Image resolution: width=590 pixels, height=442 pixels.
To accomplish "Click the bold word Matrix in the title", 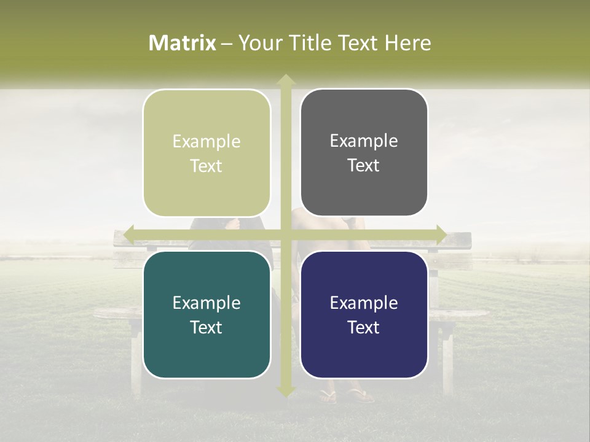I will (x=183, y=43).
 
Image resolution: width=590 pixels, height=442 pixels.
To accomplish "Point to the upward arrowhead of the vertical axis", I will (x=285, y=79).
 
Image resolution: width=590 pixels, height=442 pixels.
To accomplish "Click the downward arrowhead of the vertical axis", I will (x=285, y=391).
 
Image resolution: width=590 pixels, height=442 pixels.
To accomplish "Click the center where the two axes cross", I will (x=285, y=235).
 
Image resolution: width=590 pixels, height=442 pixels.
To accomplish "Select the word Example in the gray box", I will (x=364, y=141).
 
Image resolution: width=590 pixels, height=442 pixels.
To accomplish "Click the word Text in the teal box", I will (x=206, y=327).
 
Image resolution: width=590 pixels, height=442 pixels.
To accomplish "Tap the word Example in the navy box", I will (x=364, y=303).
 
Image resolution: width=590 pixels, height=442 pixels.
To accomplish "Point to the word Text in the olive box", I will (x=206, y=166).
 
